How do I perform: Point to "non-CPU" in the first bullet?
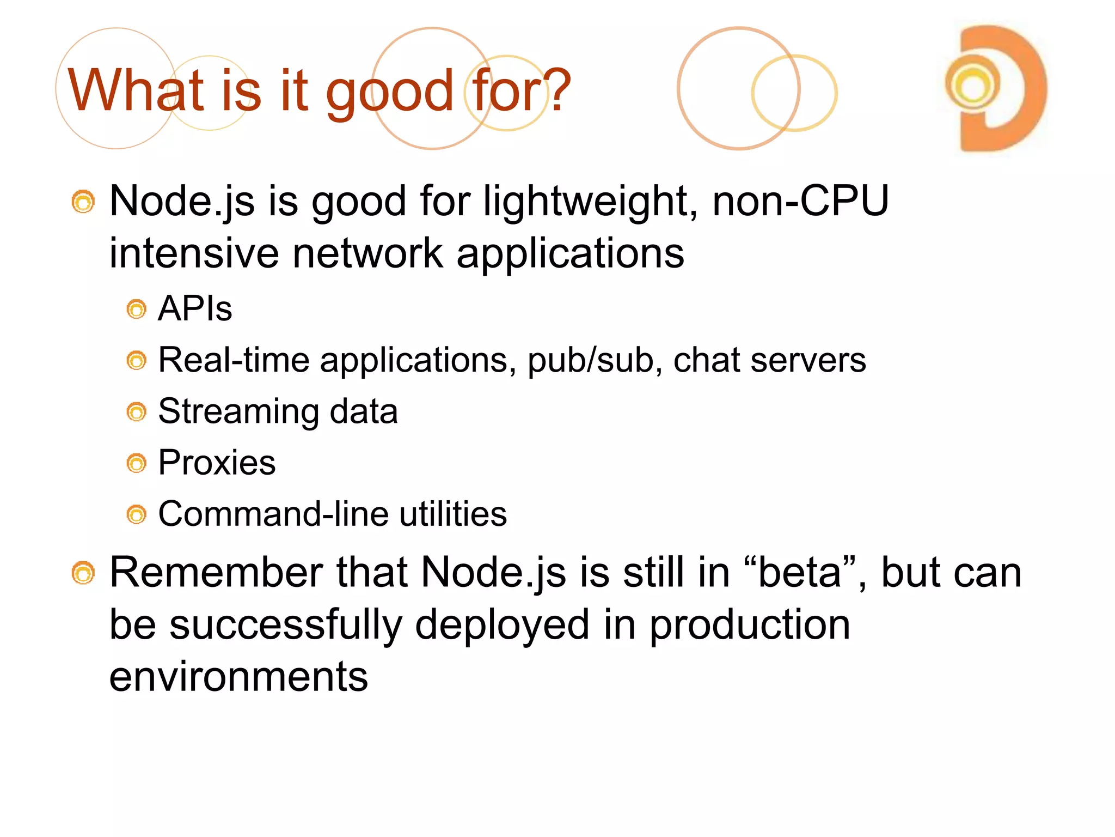[800, 201]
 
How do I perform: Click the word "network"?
[368, 253]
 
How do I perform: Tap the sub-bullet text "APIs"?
[195, 309]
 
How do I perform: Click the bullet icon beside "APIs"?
[137, 310]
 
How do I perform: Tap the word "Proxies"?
[217, 463]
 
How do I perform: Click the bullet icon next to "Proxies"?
[137, 464]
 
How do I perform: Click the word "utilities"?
[452, 514]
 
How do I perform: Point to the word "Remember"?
[216, 573]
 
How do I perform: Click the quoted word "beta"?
[800, 573]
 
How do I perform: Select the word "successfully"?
[285, 626]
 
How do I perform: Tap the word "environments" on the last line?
[238, 677]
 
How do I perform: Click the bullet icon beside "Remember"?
[83, 573]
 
